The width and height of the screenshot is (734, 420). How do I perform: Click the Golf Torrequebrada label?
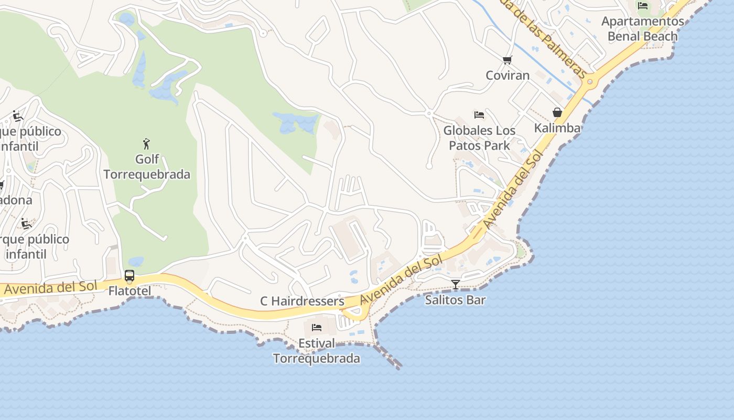point(147,166)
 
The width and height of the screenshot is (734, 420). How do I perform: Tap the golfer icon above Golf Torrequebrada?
point(146,143)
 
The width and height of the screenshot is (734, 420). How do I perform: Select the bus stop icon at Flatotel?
point(129,276)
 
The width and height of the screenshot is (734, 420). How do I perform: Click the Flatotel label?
point(129,291)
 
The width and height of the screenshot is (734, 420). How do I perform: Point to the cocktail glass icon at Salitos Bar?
point(456,285)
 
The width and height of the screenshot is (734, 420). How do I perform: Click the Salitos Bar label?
point(455,300)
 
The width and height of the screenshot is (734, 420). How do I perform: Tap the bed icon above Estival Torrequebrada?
point(317,328)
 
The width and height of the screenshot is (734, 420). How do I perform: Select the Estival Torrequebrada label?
point(317,351)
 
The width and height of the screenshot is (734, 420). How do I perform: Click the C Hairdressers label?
point(302,301)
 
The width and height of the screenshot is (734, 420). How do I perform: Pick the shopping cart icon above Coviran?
point(507,60)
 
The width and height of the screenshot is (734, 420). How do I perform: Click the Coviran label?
point(508,75)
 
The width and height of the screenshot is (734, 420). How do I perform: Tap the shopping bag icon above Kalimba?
point(557,112)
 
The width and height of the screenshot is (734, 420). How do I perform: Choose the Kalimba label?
point(557,128)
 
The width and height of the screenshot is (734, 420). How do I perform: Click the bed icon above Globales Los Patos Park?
point(479,114)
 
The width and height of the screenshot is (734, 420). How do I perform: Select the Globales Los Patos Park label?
point(479,138)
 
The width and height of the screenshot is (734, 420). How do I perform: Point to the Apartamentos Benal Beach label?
point(642,28)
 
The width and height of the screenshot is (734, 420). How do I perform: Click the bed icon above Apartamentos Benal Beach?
point(643,6)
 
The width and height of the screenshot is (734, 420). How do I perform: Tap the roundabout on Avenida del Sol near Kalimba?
point(590,81)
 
